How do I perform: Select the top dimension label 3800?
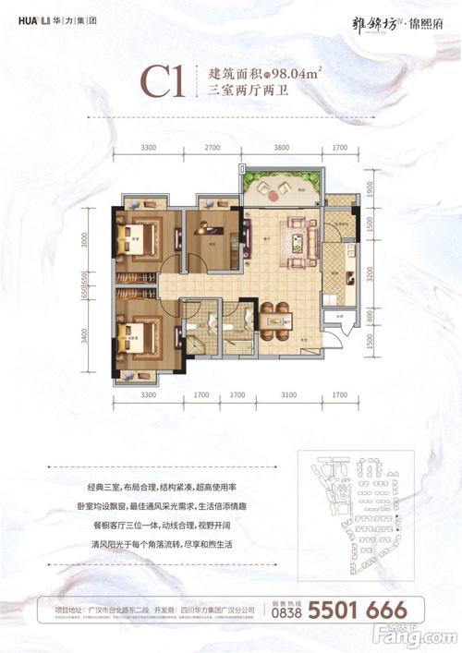click(x=282, y=147)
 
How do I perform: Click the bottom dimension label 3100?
click(x=289, y=395)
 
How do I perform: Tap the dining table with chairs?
click(x=274, y=319)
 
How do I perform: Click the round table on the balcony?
click(x=270, y=191)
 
